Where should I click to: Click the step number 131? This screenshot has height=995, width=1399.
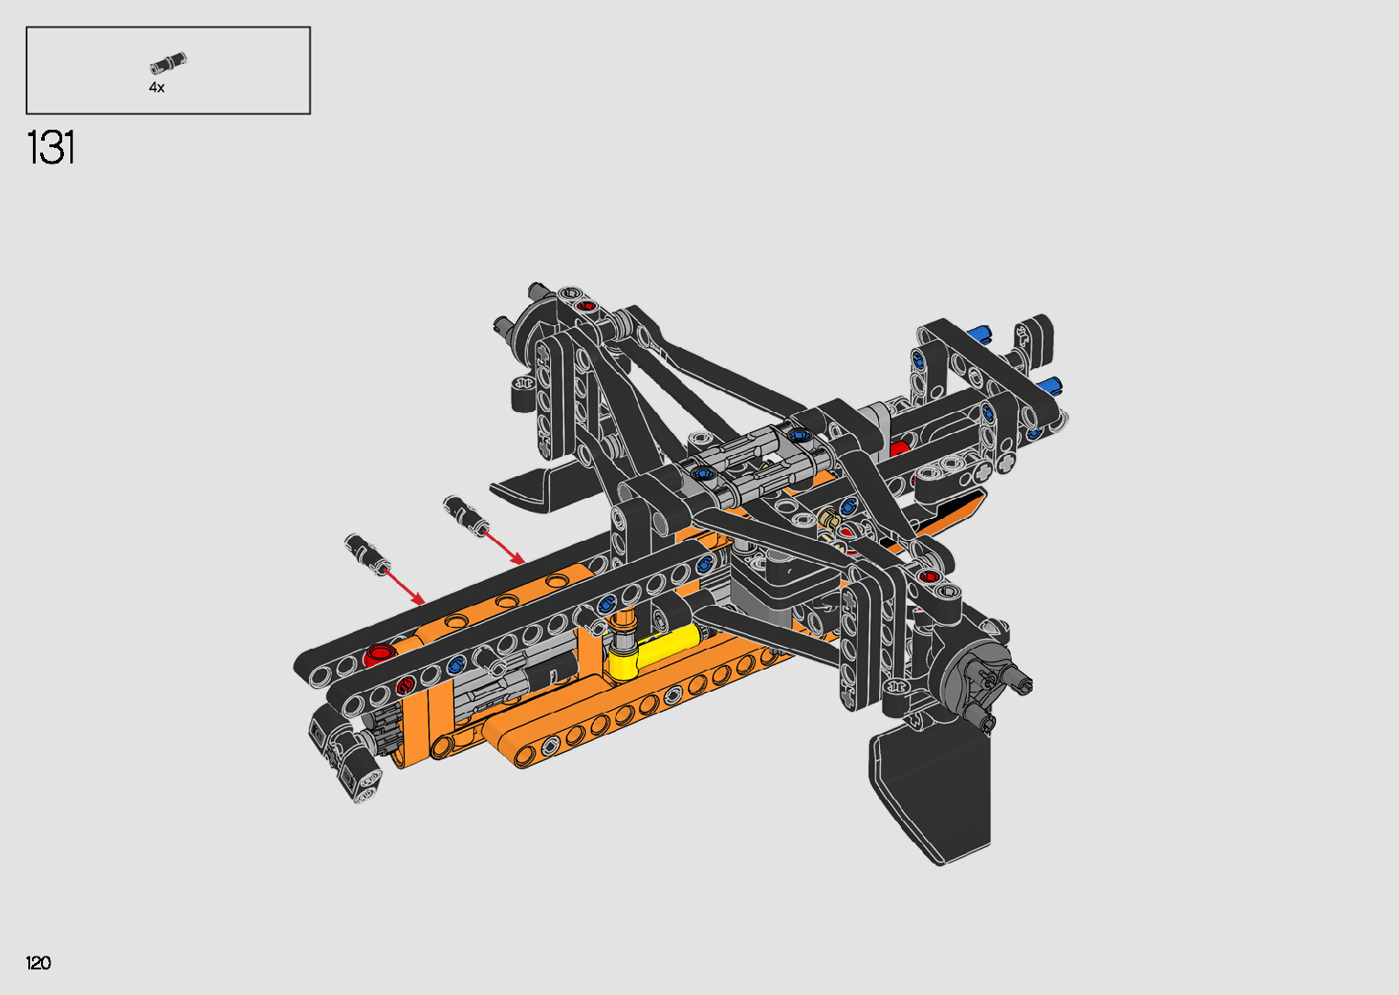point(50,147)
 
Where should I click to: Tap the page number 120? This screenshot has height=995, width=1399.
point(38,962)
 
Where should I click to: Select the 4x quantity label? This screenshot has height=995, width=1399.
point(156,88)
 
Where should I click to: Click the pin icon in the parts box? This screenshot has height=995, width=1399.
point(168,62)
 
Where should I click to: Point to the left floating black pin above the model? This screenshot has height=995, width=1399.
point(367,554)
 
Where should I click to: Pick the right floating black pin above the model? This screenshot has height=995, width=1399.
point(465,515)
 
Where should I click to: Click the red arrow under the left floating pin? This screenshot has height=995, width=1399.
point(403,586)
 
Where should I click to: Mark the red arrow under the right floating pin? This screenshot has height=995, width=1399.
point(504,548)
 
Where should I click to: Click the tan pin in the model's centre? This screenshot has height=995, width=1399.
point(830,519)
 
